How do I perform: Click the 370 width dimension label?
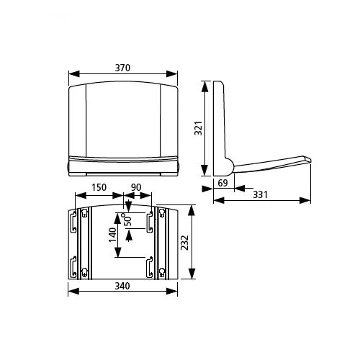click(x=122, y=68)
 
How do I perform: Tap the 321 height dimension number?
click(x=199, y=128)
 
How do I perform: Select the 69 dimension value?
click(x=222, y=183)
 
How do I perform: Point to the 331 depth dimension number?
click(x=261, y=194)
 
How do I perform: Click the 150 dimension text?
click(x=99, y=187)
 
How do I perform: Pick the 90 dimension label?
click(x=136, y=187)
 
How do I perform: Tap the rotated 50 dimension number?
click(x=128, y=219)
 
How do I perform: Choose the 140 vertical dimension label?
click(x=112, y=235)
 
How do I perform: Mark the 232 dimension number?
click(x=184, y=243)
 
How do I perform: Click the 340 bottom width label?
click(x=122, y=286)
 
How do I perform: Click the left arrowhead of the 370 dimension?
click(x=74, y=74)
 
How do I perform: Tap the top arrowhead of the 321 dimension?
click(x=204, y=86)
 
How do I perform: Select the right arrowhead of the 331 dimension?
click(x=305, y=200)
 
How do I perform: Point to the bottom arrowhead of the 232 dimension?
click(x=192, y=274)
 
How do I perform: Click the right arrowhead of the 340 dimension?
click(x=172, y=292)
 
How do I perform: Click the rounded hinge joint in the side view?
click(x=228, y=166)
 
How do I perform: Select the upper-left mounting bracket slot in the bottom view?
click(x=73, y=222)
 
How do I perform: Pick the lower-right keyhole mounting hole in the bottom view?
click(x=162, y=271)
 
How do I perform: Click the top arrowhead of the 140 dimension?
click(x=117, y=219)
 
